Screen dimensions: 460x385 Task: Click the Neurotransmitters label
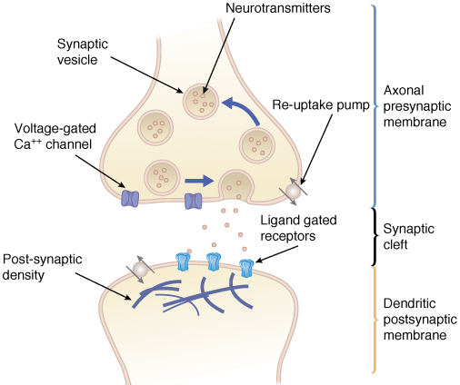tap(278, 8)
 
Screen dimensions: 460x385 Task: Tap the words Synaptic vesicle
tap(83, 52)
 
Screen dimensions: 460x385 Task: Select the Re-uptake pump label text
tap(321, 105)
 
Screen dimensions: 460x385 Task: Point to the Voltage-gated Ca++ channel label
tap(55, 136)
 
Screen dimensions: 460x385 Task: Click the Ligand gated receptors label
tap(298, 228)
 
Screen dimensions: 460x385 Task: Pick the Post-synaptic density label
tap(42, 267)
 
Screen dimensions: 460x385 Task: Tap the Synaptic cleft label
tap(408, 236)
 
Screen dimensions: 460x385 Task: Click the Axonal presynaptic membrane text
tap(417, 106)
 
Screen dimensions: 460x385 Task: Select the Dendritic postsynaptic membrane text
tap(420, 319)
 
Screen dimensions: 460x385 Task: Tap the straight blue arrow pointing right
tap(199, 181)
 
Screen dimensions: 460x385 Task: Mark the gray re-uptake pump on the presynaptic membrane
tap(293, 191)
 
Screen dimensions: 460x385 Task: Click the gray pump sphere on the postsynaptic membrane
tap(140, 269)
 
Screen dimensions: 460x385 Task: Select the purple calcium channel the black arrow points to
tap(130, 199)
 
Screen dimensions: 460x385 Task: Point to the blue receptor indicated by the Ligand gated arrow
tap(246, 268)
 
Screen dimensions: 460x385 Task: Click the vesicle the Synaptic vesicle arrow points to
tap(201, 102)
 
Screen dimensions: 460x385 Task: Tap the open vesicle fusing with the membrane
tap(236, 185)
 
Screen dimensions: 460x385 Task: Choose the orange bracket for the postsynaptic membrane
tap(375, 320)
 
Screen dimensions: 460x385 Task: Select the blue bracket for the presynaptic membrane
tap(375, 105)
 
